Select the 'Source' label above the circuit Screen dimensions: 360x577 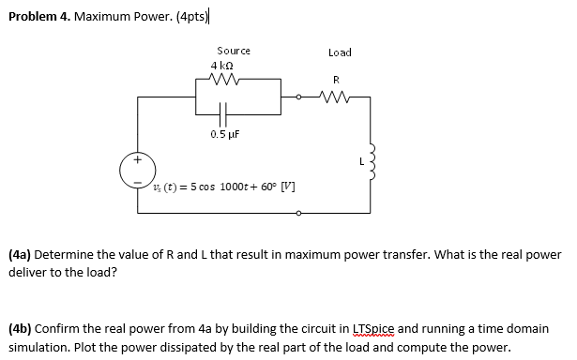pyautogui.click(x=233, y=51)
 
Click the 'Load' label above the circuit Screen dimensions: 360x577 pyautogui.click(x=340, y=52)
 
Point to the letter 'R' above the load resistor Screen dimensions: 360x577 pyautogui.click(x=335, y=79)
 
